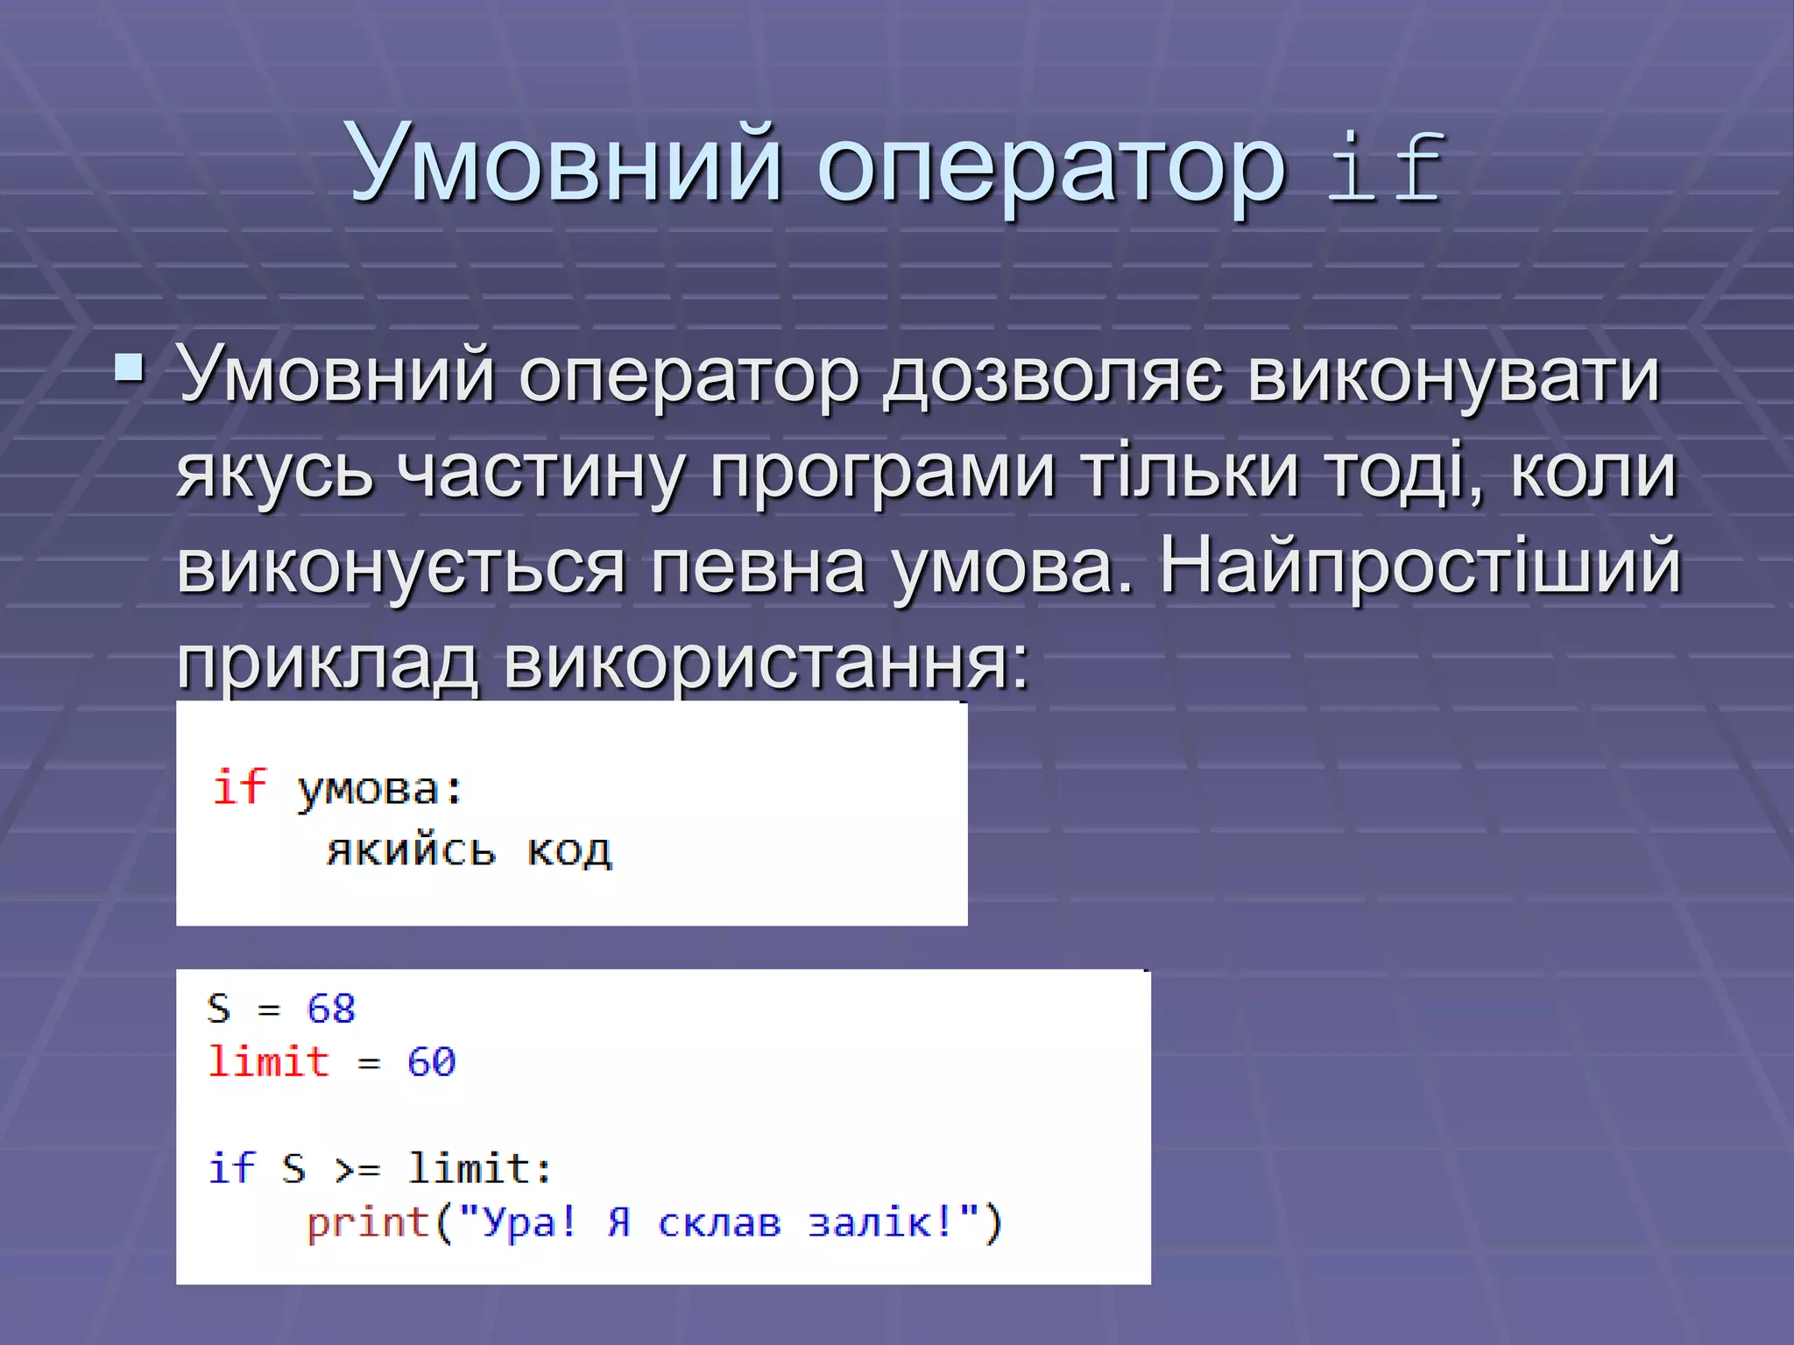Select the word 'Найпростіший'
pos(1419,567)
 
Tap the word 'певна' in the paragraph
pos(758,567)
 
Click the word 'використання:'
pos(766,662)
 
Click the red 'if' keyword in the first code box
pos(238,786)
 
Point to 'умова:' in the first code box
pos(379,791)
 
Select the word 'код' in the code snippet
pos(569,851)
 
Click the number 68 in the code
pos(331,1009)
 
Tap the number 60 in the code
pos(431,1062)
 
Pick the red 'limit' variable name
pos(268,1062)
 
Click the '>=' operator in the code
pos(357,1170)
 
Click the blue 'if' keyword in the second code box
pos(231,1168)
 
